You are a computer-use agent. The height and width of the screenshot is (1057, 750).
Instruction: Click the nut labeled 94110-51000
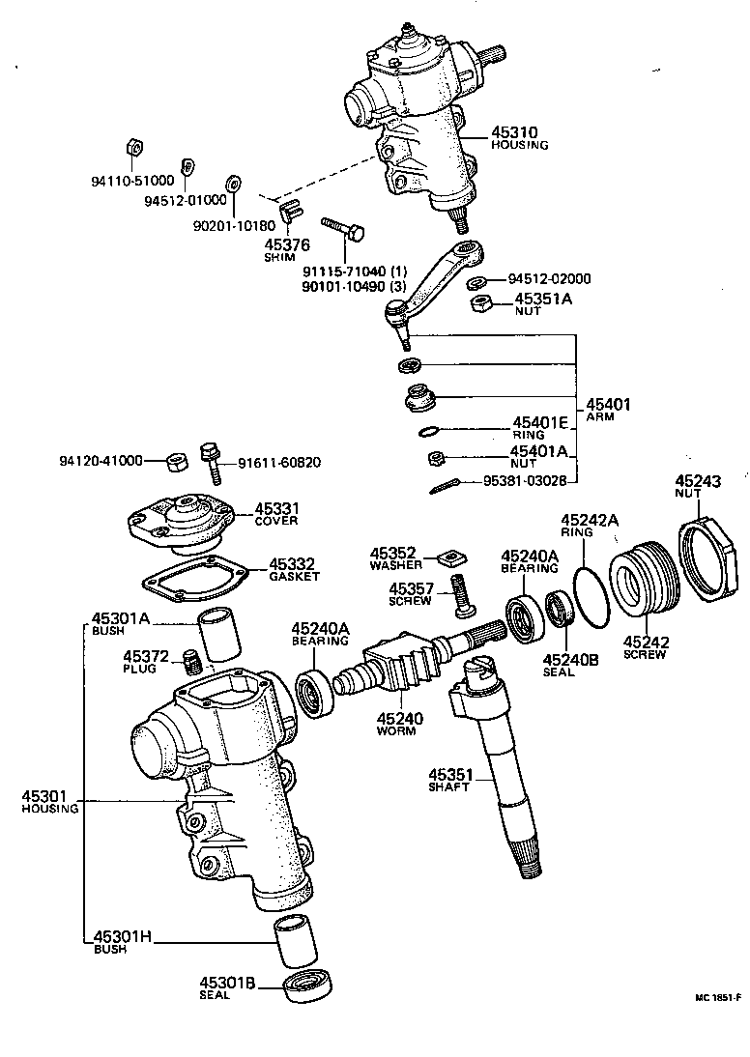click(x=133, y=148)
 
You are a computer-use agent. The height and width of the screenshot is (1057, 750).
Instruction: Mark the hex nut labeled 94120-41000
click(x=176, y=461)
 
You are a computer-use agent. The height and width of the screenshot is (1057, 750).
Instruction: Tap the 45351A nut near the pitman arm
click(x=479, y=304)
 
